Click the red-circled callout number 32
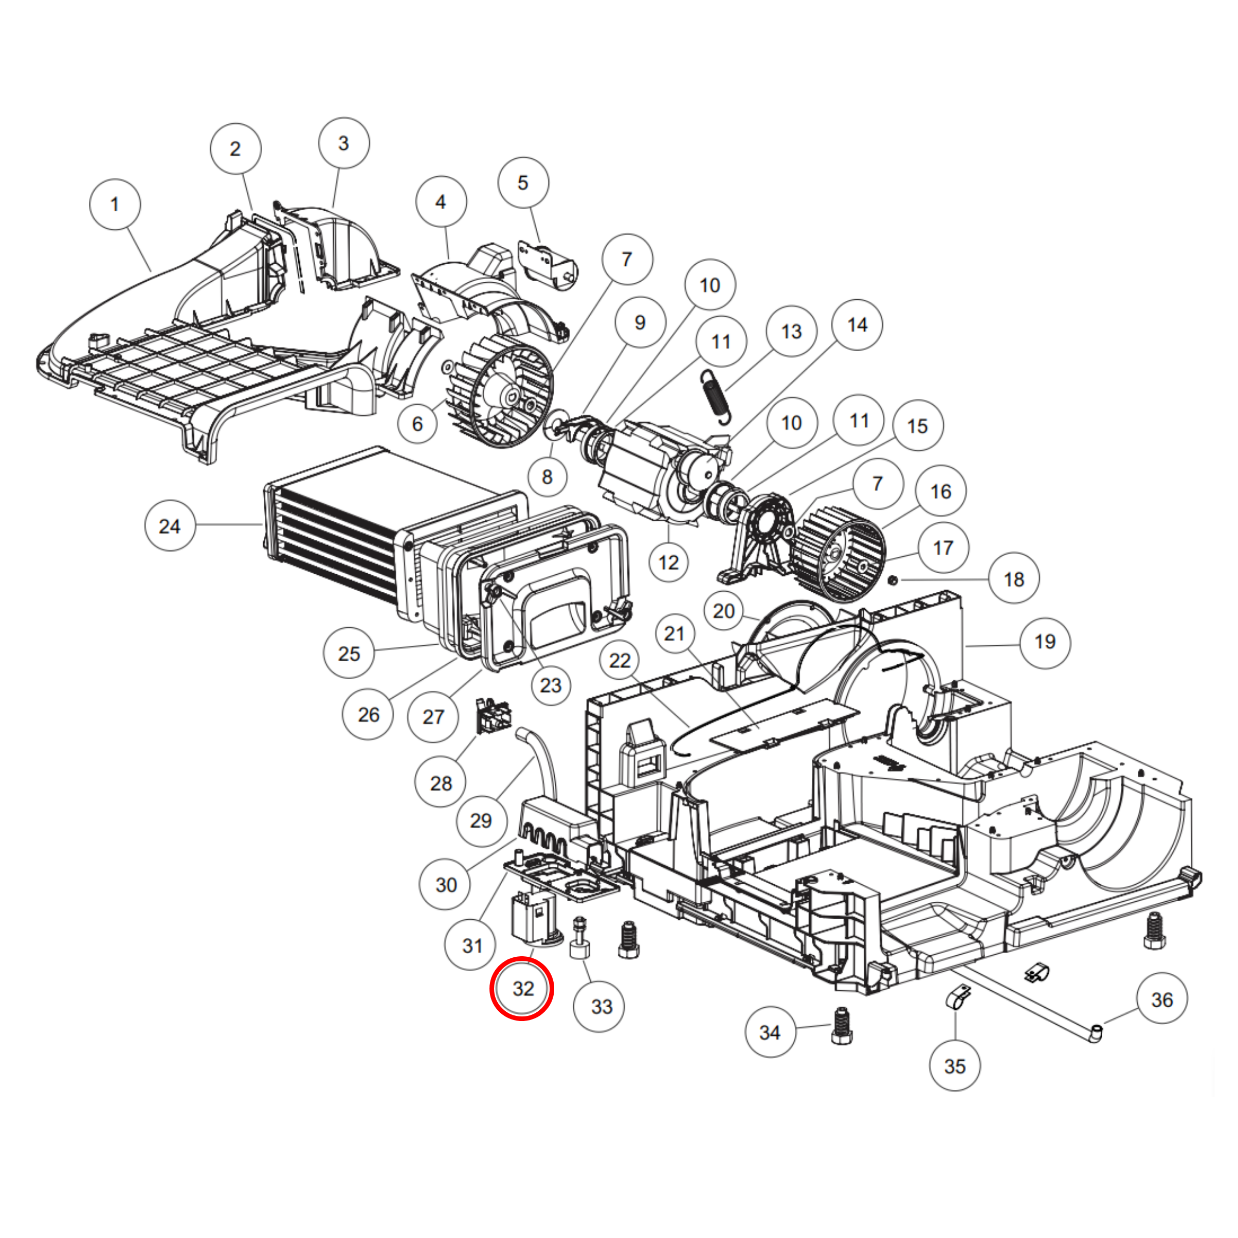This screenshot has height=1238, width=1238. [x=522, y=988]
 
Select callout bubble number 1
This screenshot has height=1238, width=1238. [x=115, y=205]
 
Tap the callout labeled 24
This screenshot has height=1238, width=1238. [x=170, y=526]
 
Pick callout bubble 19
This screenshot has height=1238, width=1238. [x=1045, y=642]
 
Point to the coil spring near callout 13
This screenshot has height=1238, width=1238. [x=715, y=397]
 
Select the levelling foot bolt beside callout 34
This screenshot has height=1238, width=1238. [x=841, y=1027]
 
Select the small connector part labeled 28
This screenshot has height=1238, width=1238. [x=493, y=717]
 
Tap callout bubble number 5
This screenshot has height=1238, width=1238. [x=523, y=183]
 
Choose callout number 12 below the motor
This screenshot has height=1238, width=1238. [x=668, y=562]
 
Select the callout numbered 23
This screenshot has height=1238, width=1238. [x=551, y=686]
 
